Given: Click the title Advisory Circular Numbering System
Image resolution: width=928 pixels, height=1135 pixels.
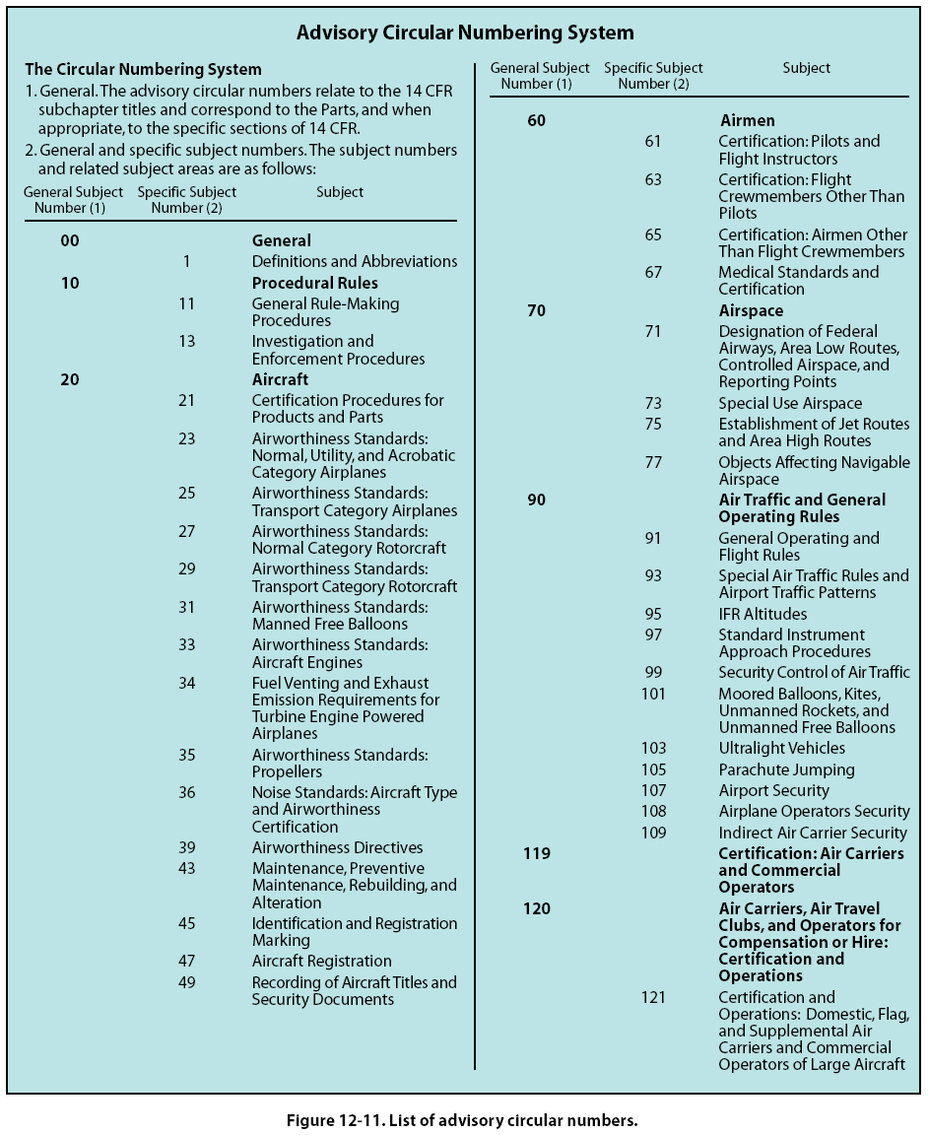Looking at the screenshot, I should coord(465,33).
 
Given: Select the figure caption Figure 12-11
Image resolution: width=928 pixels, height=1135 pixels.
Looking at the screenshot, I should coord(462,1120).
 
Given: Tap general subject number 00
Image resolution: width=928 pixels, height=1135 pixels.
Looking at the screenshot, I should coord(69,240).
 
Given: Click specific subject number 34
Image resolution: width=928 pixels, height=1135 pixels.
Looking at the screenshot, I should coord(187,683).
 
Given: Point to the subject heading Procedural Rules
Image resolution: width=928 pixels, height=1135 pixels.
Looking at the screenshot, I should coord(314,283).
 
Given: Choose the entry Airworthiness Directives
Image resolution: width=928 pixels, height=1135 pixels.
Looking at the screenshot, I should coord(337,847).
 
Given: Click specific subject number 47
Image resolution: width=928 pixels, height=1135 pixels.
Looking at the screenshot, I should coord(187,961).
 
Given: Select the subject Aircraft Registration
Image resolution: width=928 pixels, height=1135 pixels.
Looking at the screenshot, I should coord(321,961).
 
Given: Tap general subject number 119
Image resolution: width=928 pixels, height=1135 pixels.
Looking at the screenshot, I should coord(536,853).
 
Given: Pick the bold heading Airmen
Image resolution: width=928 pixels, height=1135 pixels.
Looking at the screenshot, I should coord(747,120).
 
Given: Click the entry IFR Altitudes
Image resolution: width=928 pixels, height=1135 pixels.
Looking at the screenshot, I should coord(762,614).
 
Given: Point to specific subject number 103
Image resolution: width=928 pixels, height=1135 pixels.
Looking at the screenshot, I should coord(653,748).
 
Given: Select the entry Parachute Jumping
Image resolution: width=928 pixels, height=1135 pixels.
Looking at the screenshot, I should coord(786,769).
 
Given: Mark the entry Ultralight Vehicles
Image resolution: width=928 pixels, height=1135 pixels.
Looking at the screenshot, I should coord(781,748).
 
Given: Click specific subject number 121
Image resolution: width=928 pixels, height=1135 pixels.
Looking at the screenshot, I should coord(653,997).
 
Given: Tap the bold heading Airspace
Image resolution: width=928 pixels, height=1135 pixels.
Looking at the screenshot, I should coord(751,310).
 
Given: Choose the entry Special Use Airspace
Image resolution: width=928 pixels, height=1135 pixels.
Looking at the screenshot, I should coord(789,403).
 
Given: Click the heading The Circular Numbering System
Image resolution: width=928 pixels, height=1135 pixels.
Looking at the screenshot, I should coord(143,69).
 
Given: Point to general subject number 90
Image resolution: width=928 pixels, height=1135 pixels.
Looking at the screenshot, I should coord(536,500).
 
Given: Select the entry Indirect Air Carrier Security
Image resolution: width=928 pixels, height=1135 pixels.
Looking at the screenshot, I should coord(812,833).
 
